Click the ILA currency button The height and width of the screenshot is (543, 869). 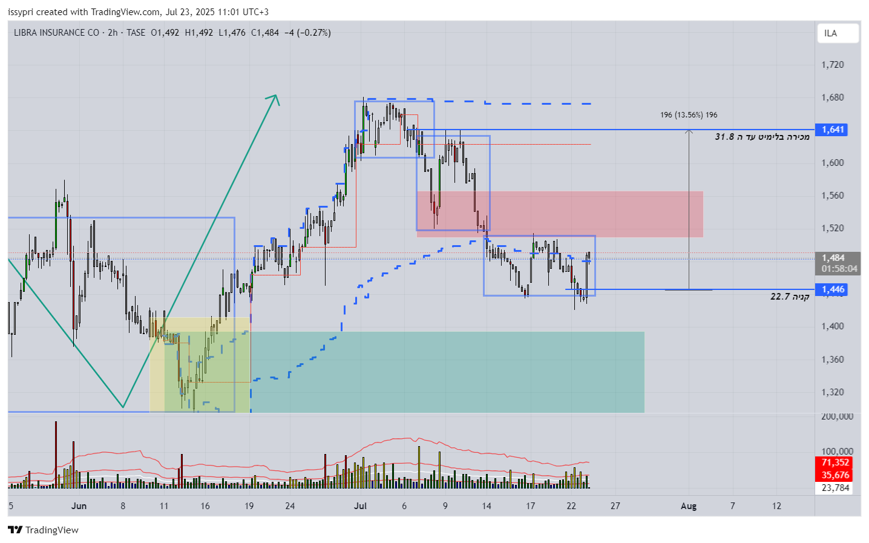tap(838, 33)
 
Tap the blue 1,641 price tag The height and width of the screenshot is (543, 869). tap(833, 130)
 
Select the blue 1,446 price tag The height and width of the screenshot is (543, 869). tap(833, 289)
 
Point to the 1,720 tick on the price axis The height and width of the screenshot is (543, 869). tap(832, 65)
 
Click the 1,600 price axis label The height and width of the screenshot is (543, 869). tap(832, 163)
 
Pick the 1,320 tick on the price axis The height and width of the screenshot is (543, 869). tap(832, 392)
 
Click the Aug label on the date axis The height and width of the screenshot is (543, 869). tap(689, 506)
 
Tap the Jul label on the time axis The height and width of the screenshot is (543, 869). tap(361, 506)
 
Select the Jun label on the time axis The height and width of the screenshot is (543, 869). tap(79, 506)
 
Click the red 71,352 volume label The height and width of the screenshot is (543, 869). tap(835, 462)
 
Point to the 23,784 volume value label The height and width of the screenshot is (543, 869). tap(835, 488)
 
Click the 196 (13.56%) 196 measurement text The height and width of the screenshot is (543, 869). tap(689, 115)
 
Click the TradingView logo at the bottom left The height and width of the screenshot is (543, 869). tap(44, 530)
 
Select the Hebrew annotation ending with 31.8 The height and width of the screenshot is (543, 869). tap(762, 137)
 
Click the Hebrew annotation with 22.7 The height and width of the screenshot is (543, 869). tap(790, 297)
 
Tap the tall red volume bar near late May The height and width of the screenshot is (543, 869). tap(56, 454)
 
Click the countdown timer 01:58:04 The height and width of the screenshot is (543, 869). tap(839, 269)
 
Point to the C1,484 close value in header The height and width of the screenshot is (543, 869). tap(265, 33)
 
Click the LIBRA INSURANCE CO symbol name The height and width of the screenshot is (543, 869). tap(56, 33)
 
